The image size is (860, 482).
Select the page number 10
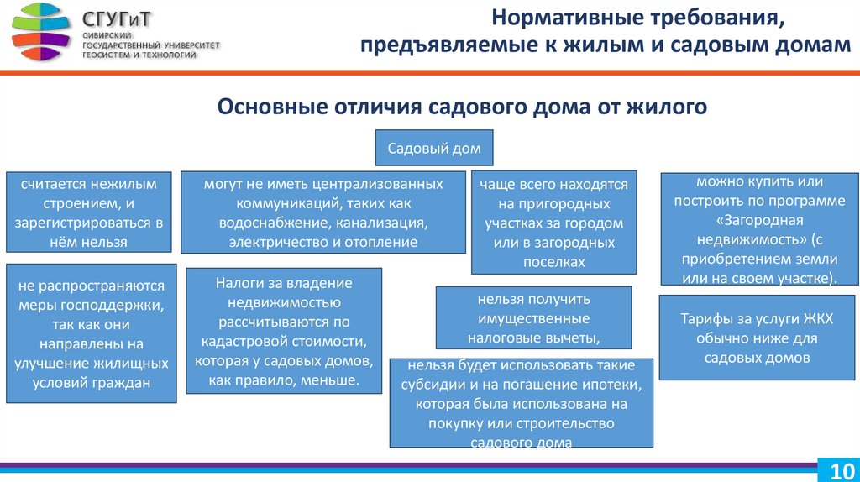pos(840,469)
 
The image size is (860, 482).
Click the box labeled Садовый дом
pos(433,149)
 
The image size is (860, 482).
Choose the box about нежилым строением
pos(88,212)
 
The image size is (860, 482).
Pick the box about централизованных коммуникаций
pos(323,212)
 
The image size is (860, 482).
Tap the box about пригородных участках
pos(553,222)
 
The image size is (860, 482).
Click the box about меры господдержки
pos(92,334)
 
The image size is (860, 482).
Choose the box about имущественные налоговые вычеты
pos(533,317)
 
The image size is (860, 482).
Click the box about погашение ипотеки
pos(522,403)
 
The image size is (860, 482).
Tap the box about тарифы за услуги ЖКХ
pos(757,337)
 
